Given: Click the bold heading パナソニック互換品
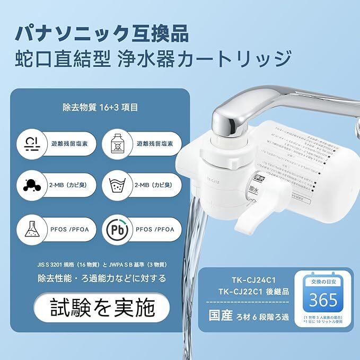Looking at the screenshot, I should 101,32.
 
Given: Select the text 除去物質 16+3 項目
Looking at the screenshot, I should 100,108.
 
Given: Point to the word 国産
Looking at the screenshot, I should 221,316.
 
